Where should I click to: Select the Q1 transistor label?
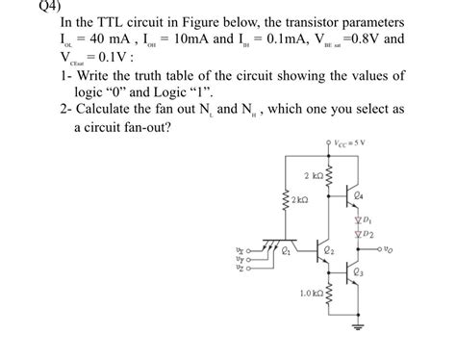(x=285, y=252)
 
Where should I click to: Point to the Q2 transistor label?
(x=330, y=252)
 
